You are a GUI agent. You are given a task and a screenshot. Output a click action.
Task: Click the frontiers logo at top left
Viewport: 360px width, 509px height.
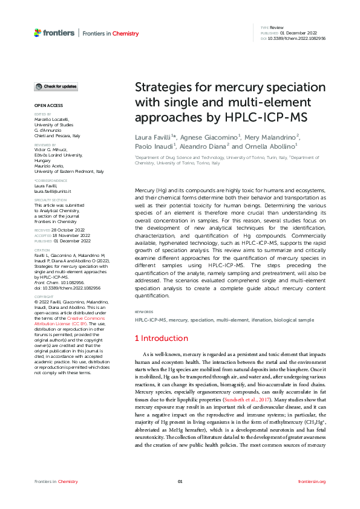[x=54, y=33]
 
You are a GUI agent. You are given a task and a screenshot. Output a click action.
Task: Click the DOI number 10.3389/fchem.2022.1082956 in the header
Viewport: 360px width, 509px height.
[x=293, y=38]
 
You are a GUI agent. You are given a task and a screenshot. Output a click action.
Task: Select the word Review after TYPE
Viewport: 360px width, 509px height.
[x=277, y=28]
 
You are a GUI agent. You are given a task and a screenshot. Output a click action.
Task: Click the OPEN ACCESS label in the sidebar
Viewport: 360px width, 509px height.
[x=48, y=105]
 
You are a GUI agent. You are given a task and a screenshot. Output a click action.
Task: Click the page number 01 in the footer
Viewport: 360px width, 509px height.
[x=180, y=481]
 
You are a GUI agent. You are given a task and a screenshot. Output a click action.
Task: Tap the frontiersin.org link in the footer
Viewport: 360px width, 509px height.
[x=312, y=481]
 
